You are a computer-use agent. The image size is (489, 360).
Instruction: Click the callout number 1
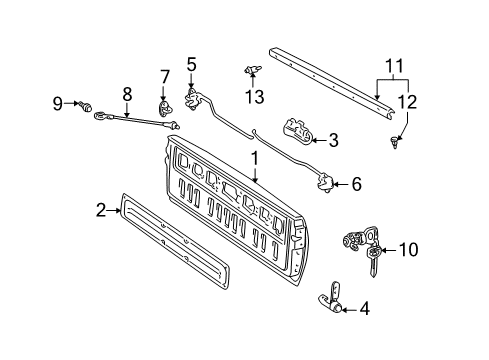click(255, 157)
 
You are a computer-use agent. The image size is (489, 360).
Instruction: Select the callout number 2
click(100, 209)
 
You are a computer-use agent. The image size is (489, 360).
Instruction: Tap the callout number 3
click(333, 138)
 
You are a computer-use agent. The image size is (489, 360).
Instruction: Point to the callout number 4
click(363, 309)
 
